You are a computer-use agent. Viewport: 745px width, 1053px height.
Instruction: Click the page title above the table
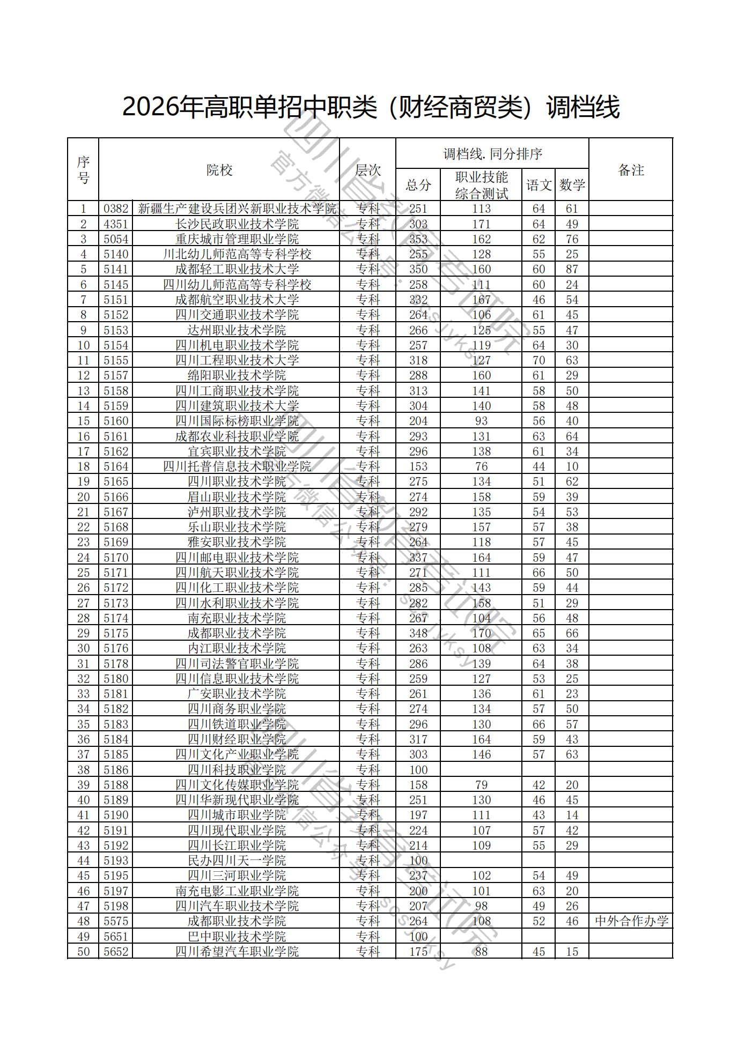[x=371, y=107]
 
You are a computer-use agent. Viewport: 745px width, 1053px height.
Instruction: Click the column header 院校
[x=219, y=170]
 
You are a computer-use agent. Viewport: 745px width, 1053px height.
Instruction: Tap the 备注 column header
[x=631, y=170]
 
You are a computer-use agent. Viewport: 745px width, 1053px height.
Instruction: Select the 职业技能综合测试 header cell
[x=481, y=185]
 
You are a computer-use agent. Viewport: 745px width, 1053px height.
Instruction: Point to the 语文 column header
[x=539, y=185]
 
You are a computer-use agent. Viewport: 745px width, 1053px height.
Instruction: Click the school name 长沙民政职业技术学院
[x=237, y=224]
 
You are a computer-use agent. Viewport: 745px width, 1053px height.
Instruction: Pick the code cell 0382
[x=116, y=209]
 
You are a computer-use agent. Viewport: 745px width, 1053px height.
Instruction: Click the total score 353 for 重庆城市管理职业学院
[x=418, y=239]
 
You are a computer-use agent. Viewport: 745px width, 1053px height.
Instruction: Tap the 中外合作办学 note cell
[x=631, y=921]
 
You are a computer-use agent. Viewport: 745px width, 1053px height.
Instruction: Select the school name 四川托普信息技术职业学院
[x=237, y=466]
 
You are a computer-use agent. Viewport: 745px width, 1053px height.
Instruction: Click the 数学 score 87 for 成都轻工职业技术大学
[x=572, y=269]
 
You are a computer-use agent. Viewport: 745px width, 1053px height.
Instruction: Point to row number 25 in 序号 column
[x=83, y=573]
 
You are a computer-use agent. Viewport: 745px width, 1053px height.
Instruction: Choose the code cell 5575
[x=116, y=921]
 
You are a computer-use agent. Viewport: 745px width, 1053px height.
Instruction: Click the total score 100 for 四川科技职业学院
[x=418, y=770]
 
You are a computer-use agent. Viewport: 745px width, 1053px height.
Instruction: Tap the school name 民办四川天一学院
[x=237, y=861]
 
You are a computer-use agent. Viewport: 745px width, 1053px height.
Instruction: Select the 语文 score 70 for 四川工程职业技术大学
[x=539, y=360]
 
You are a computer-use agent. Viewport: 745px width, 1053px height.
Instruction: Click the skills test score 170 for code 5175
[x=481, y=633]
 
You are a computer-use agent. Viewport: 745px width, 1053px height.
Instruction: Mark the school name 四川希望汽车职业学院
[x=237, y=952]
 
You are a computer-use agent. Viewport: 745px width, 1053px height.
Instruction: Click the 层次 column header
[x=368, y=170]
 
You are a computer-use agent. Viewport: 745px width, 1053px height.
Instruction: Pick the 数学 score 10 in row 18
[x=572, y=466]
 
